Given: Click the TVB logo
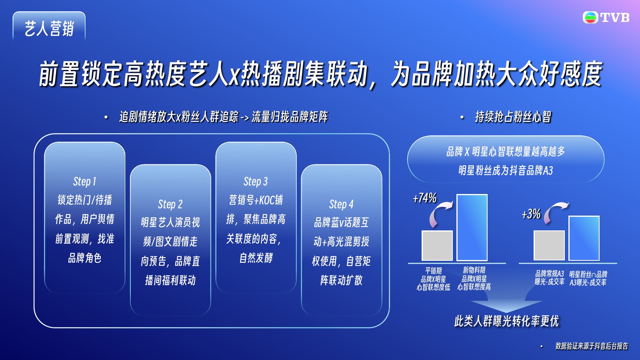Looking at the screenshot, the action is tap(606, 18).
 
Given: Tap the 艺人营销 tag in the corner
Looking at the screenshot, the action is tap(49, 28).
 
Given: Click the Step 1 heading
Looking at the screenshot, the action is tap(84, 182).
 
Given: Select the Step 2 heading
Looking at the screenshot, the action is tap(170, 204).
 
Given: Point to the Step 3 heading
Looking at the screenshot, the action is tap(256, 182).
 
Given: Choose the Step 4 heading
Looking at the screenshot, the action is tap(342, 204).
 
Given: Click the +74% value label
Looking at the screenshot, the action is tap(425, 198).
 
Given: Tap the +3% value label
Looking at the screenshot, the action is tap(531, 214).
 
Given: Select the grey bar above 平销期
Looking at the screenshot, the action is tap(437, 246).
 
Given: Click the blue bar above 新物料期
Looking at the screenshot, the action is tap(472, 228).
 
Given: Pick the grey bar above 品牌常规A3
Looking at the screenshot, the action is tap(549, 246).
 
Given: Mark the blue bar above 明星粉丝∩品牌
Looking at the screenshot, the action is tap(584, 238).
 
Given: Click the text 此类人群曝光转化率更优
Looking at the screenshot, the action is tap(506, 321).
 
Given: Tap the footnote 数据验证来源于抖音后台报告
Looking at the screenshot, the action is tap(592, 346).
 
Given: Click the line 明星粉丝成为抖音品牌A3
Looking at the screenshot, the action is tap(506, 170).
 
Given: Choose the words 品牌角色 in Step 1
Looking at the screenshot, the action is tap(84, 258).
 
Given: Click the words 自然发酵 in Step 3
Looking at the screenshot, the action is tap(256, 258).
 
